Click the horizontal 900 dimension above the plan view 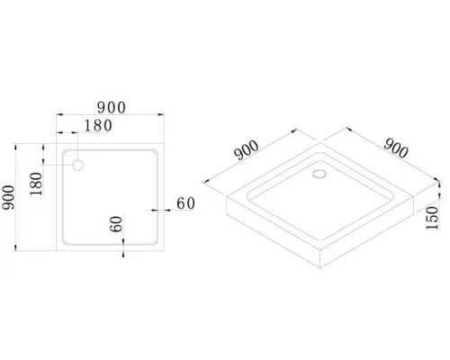(x=112, y=108)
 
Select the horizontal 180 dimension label (x=98, y=126)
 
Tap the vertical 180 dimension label (x=36, y=184)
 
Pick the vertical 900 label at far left (x=8, y=197)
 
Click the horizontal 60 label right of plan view (x=186, y=203)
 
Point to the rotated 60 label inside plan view (x=116, y=224)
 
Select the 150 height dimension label (x=432, y=218)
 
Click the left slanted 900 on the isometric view (x=247, y=150)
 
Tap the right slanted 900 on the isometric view (x=396, y=148)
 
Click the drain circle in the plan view (x=78, y=165)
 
